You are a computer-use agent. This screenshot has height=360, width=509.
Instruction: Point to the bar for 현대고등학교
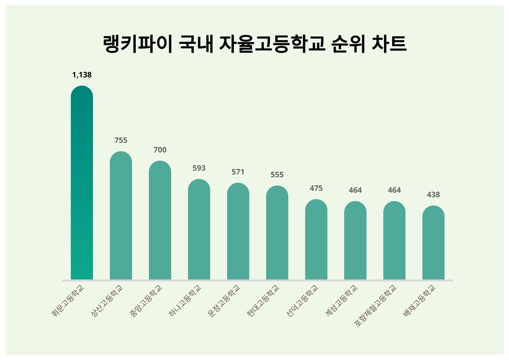tap(277, 233)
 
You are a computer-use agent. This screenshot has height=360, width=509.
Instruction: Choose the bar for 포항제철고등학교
tap(394, 241)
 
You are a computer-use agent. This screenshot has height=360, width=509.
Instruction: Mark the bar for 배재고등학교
tap(433, 243)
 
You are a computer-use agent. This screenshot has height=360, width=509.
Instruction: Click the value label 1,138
tap(82, 74)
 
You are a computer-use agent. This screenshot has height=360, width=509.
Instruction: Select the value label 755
tap(121, 140)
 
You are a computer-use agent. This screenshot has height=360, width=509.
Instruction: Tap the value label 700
tap(160, 150)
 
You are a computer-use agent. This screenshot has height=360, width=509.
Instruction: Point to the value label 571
tap(238, 172)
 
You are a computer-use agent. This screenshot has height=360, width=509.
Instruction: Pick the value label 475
tap(316, 188)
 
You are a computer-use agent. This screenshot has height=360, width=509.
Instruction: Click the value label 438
tap(433, 195)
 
